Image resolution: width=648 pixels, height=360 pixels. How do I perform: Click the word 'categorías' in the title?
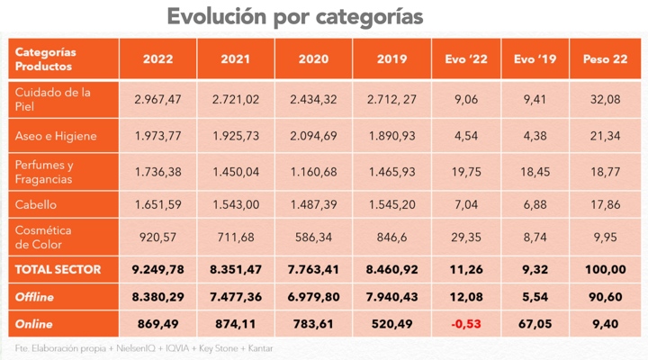click(x=369, y=17)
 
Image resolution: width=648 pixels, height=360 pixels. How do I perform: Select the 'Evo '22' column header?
click(x=466, y=59)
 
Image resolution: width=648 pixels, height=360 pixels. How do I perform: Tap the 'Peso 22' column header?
click(x=605, y=59)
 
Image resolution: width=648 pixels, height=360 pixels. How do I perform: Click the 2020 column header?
click(x=313, y=59)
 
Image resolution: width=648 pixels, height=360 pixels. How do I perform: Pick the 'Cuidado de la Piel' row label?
click(x=52, y=99)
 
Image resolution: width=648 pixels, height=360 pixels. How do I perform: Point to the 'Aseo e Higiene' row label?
click(x=56, y=136)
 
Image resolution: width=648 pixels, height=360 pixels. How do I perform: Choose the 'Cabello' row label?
click(x=35, y=204)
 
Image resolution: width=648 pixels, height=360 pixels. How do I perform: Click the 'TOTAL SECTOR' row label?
click(x=58, y=269)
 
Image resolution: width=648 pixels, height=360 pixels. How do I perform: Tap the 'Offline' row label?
click(x=34, y=297)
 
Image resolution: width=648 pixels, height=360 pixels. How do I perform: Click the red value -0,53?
click(x=466, y=324)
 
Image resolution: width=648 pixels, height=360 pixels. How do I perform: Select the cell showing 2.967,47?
click(x=157, y=99)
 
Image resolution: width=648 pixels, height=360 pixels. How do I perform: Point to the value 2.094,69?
click(x=313, y=136)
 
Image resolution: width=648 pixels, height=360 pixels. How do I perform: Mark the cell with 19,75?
click(x=466, y=172)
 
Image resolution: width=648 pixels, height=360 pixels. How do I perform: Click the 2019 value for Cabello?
click(x=391, y=204)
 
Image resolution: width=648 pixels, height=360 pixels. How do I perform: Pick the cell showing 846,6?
click(x=391, y=238)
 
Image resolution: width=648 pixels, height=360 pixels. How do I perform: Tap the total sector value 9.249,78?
click(x=157, y=269)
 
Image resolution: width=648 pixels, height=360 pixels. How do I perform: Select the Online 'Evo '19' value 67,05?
click(x=535, y=324)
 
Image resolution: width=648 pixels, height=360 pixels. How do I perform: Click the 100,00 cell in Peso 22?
click(x=605, y=269)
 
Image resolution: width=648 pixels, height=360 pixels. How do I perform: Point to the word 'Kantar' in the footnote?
click(x=260, y=348)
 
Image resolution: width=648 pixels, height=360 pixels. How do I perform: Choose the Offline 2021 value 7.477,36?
click(x=236, y=297)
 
